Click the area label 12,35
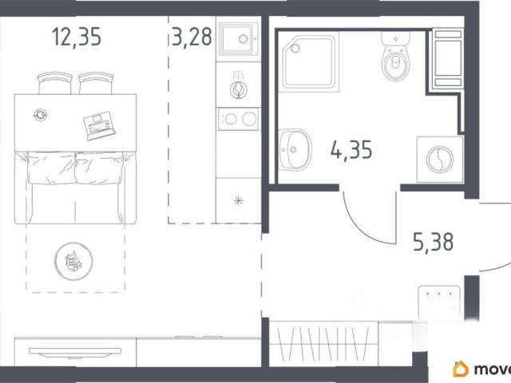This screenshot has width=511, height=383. click(77, 37)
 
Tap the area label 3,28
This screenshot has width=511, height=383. click(192, 37)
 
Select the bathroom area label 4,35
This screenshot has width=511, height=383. click(351, 150)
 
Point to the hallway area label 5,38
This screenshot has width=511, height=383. click(433, 242)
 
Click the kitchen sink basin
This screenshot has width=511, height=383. click(238, 39)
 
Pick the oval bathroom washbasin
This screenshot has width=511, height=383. click(295, 149)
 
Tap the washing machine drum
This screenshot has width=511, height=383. click(440, 160)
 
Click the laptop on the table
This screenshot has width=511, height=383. click(99, 126)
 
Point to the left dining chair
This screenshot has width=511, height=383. click(55, 83)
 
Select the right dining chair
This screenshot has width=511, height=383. click(96, 83)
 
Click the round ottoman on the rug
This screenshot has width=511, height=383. click(73, 261)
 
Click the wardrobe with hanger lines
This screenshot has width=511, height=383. click(324, 343)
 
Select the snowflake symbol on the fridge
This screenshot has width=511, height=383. click(238, 200)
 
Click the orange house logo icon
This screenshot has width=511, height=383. click(461, 369)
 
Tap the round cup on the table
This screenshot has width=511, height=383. click(41, 115)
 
